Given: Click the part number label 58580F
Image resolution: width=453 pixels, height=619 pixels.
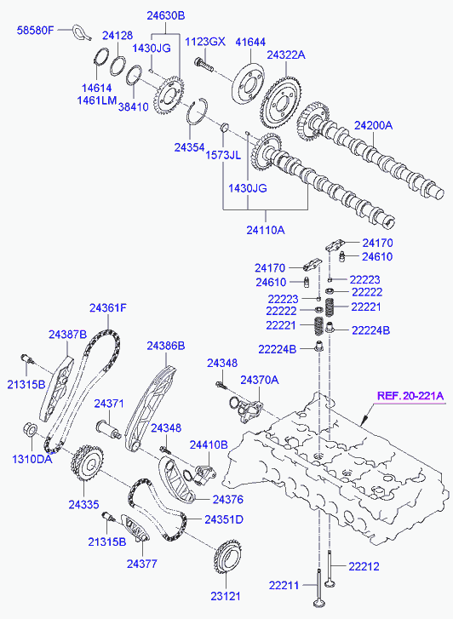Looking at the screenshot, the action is (34, 30).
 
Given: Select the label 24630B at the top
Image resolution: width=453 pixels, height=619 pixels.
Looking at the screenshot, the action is (166, 16).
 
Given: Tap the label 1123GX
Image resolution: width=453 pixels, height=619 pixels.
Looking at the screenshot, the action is (205, 41).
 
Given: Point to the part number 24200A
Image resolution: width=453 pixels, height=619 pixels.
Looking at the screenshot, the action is (373, 125).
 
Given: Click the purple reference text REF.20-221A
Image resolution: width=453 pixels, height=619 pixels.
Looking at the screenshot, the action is (410, 396).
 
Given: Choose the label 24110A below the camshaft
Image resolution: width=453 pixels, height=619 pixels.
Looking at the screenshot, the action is (266, 230).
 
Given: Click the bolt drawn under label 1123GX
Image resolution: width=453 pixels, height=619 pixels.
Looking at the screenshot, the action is (204, 66).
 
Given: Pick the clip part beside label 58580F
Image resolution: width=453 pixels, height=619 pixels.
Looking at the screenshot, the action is (82, 32).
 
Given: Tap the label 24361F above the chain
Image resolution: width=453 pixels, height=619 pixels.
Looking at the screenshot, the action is (108, 307).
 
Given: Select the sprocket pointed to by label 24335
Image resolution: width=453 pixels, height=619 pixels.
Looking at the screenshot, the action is (88, 462).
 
